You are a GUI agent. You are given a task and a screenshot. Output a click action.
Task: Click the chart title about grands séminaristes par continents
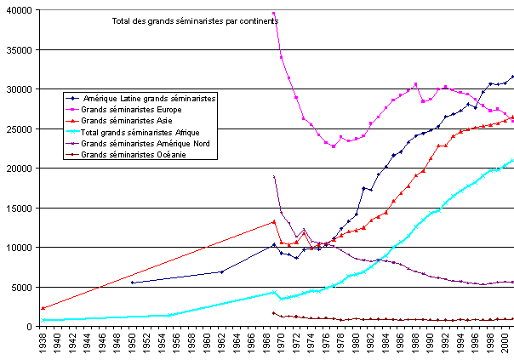coord(195,20)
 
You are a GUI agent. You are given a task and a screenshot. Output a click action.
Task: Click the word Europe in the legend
coord(164,110)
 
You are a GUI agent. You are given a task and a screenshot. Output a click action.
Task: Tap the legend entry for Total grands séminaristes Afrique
coord(140,133)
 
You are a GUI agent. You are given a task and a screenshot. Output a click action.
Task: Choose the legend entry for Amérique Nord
coord(145,144)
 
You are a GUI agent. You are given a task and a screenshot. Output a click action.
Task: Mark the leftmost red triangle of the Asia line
coord(41,308)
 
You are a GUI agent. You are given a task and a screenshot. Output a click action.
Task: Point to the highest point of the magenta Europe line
coord(273,14)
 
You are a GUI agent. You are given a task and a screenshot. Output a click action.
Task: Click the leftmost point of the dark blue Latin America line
coord(132,282)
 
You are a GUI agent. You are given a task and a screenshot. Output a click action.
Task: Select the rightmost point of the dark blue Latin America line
coord(512,77)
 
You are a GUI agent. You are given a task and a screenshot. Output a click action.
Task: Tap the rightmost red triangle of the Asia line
coord(512,117)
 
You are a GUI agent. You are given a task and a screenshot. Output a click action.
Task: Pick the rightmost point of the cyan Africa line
coord(512,159)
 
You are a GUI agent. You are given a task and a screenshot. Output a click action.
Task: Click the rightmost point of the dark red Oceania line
coord(512,319)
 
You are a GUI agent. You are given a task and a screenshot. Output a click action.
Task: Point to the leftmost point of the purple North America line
coord(273,176)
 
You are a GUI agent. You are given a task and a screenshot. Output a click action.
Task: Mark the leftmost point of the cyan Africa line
coord(41,320)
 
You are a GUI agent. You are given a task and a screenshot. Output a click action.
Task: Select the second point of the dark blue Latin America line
coord(221,271)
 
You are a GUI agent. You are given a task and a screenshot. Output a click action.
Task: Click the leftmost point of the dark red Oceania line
coord(273,313)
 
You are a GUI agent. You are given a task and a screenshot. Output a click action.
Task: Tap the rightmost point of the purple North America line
coord(512,282)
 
